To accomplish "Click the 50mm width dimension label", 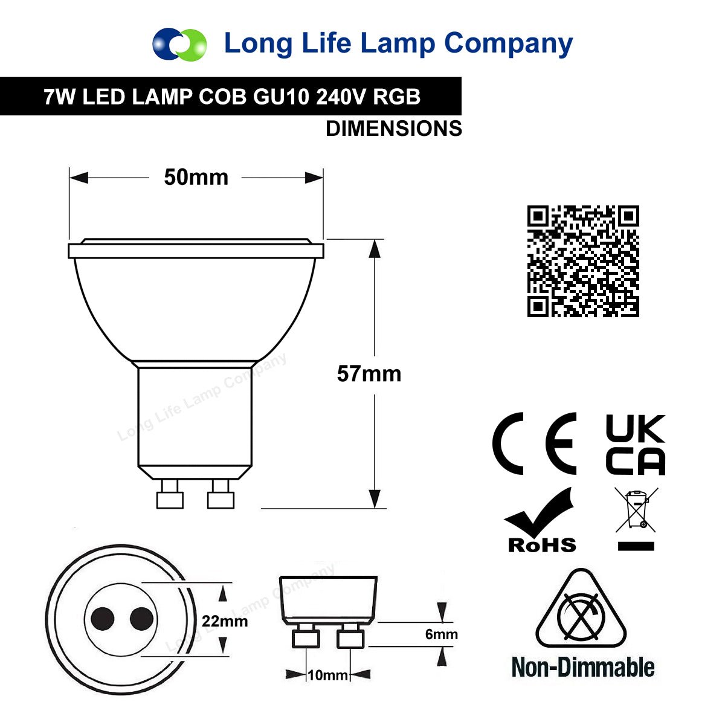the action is [196, 177].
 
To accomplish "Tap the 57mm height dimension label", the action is [369, 374].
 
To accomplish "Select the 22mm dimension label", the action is [225, 621].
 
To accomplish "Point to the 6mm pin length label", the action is [441, 634].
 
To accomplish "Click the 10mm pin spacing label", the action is [327, 675].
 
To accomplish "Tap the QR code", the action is [583, 261].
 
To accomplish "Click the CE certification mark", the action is [534, 443].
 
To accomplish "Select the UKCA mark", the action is [636, 444].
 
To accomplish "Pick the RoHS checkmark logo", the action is [540, 520].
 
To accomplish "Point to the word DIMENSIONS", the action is [394, 129].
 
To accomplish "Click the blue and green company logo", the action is [179, 44].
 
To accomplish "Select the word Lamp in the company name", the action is [398, 44].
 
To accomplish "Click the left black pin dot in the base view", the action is [102, 619].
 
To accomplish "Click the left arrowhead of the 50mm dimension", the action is [79, 178].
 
